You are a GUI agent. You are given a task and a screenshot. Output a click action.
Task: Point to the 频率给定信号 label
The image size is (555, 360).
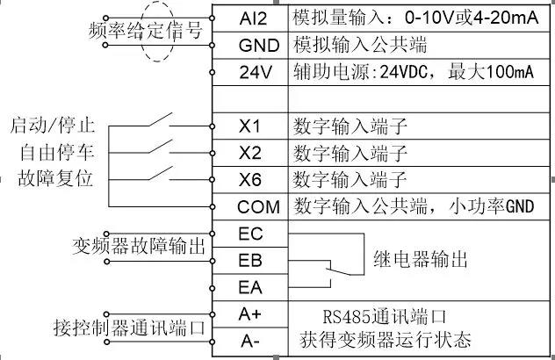[x=147, y=30]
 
